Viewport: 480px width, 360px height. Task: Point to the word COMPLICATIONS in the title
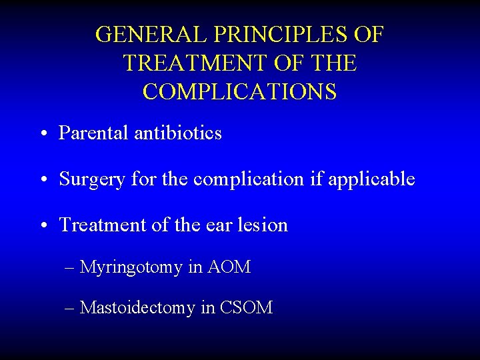tap(239, 92)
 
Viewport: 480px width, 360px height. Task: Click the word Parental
tap(94, 133)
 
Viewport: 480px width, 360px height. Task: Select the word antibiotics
tap(178, 133)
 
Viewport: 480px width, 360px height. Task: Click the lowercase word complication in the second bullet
tap(248, 179)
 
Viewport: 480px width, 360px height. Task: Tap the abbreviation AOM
tap(229, 267)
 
